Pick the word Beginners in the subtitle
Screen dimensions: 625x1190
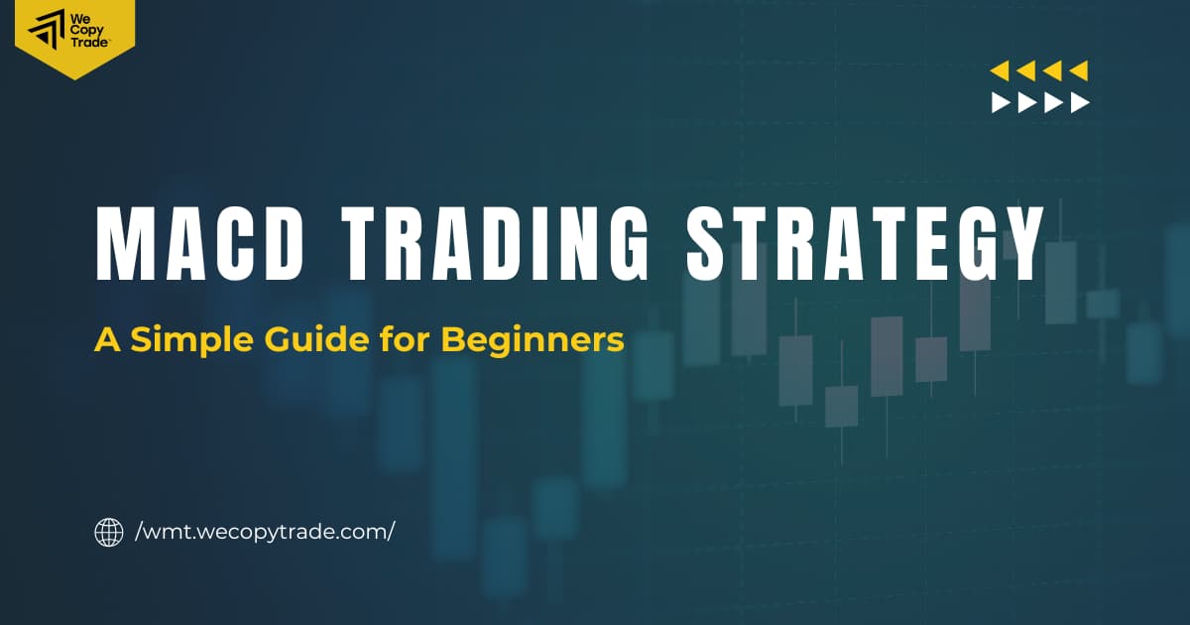532,340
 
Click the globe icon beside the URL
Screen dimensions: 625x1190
108,532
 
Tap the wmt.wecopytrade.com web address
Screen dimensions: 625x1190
265,532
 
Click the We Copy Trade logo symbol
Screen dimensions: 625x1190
46,32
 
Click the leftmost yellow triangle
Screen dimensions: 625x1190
1000,70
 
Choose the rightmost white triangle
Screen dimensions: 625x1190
1081,102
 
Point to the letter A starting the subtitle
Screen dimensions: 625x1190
104,340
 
